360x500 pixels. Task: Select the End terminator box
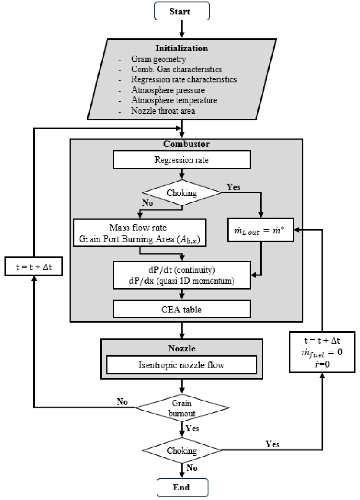click(182, 487)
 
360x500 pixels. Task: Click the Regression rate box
click(182, 160)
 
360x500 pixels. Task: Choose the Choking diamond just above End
click(182, 450)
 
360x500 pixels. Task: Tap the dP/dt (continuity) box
click(182, 274)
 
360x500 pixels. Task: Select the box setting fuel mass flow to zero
click(322, 351)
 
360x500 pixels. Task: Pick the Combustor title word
click(182, 144)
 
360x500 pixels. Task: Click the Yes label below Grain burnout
click(193, 428)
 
